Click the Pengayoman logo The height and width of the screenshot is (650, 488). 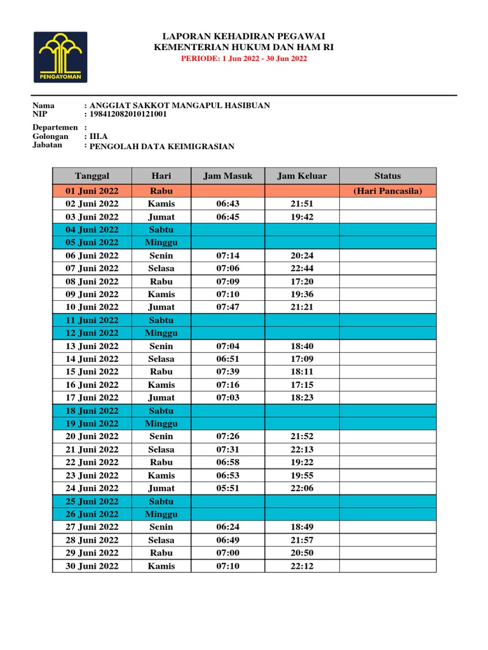point(61,57)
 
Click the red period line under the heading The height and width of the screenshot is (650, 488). point(244,58)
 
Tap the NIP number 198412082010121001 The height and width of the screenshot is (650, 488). point(128,114)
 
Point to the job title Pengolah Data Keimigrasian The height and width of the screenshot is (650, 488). point(162,147)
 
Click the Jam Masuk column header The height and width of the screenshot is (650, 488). point(228,176)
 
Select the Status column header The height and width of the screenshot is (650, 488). point(388,176)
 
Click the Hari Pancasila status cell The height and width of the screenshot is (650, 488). point(388,191)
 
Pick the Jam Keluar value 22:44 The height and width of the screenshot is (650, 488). point(302,269)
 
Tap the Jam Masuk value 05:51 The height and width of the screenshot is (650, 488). point(228,488)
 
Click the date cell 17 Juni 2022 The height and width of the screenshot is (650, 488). point(92,397)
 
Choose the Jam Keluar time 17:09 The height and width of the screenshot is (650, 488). point(302,359)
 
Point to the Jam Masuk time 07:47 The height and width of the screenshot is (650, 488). point(228,307)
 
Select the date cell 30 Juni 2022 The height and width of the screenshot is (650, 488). point(92,566)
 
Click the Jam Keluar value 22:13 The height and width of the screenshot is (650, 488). point(302,449)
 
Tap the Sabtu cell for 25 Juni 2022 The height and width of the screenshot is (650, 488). point(162,501)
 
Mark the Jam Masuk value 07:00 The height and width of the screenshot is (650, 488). point(228,553)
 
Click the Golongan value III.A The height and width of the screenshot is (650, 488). point(99,136)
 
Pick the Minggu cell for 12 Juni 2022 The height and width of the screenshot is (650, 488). point(162,333)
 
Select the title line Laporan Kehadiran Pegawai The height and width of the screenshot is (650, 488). point(244,36)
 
